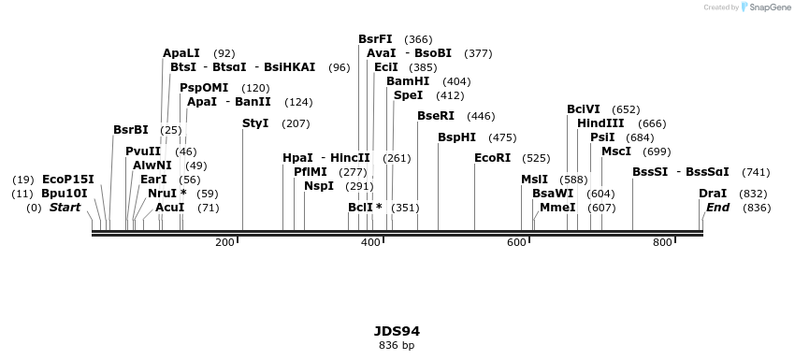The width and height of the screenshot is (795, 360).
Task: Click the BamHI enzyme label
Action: click(408, 81)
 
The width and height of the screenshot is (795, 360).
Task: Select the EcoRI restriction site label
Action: click(493, 158)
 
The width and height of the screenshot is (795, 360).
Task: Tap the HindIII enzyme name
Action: click(600, 123)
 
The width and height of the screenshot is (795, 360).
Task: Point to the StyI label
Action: click(255, 123)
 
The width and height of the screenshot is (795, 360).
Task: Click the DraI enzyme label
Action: click(713, 194)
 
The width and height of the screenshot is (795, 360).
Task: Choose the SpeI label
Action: click(408, 95)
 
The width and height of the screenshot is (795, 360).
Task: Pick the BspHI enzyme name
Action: click(457, 137)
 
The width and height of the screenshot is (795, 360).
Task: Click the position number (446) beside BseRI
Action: click(481, 116)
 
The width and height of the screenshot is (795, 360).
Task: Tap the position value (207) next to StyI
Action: click(296, 123)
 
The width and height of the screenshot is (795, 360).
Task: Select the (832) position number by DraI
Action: click(753, 194)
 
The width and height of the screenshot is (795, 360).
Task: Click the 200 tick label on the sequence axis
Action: click(224, 243)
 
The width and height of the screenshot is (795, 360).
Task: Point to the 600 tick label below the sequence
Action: click(516, 243)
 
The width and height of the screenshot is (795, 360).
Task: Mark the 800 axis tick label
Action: click(662, 243)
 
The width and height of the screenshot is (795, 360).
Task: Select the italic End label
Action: click(717, 208)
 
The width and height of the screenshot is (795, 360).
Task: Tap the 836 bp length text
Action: click(397, 345)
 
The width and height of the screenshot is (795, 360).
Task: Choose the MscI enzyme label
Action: click(615, 151)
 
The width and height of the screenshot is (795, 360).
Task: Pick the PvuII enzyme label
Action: click(143, 151)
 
